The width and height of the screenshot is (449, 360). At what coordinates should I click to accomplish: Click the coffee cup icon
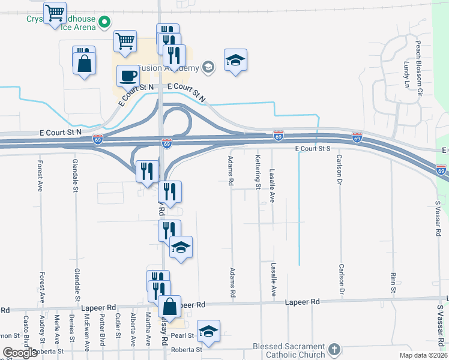[x=128, y=76]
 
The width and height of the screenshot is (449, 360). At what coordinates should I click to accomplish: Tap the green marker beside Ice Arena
[x=104, y=23]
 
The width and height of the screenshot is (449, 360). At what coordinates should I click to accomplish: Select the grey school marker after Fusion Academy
[x=208, y=67]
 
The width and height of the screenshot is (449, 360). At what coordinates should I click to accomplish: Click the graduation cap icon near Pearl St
[x=208, y=331]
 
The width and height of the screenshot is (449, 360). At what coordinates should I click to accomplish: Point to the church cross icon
[x=336, y=349]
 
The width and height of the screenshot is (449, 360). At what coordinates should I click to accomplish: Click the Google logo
[x=20, y=353]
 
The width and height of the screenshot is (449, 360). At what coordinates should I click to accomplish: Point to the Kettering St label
[x=258, y=172]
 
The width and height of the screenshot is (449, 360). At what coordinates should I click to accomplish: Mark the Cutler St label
[x=118, y=326]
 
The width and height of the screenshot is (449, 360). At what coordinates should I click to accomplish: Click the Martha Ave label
[x=148, y=329]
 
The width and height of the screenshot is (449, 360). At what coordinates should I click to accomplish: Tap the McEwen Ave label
[x=87, y=331]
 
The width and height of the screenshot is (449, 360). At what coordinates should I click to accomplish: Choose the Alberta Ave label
[x=133, y=329]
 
